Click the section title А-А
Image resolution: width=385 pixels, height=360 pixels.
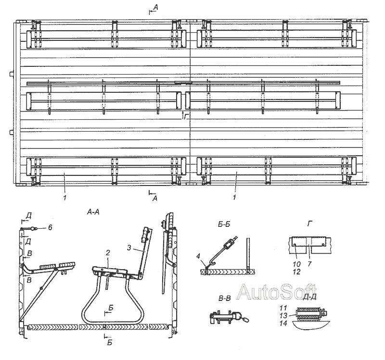click(x=93, y=212)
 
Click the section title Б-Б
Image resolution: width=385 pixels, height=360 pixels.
click(x=224, y=224)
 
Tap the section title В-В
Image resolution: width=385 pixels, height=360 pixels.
click(x=224, y=298)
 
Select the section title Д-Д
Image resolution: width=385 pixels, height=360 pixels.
click(x=310, y=297)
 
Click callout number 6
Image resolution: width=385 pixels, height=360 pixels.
click(x=50, y=227)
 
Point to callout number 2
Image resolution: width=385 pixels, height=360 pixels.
click(x=108, y=253)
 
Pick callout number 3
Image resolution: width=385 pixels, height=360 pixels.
click(x=129, y=248)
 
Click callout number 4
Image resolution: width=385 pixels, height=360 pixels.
click(x=199, y=256)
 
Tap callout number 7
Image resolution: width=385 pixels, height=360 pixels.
click(x=309, y=264)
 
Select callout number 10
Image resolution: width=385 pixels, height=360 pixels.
click(x=296, y=264)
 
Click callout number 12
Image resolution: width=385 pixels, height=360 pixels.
click(x=296, y=272)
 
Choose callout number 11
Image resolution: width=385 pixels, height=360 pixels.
click(x=283, y=308)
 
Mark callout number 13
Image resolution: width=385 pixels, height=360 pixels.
click(x=283, y=315)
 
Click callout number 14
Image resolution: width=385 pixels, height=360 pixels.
click(x=283, y=323)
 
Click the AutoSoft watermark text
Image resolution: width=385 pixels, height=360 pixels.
click(x=277, y=292)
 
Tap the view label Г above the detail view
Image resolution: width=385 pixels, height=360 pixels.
click(x=310, y=223)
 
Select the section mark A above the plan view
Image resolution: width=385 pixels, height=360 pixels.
click(x=155, y=8)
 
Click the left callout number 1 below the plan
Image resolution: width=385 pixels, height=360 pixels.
click(x=64, y=197)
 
